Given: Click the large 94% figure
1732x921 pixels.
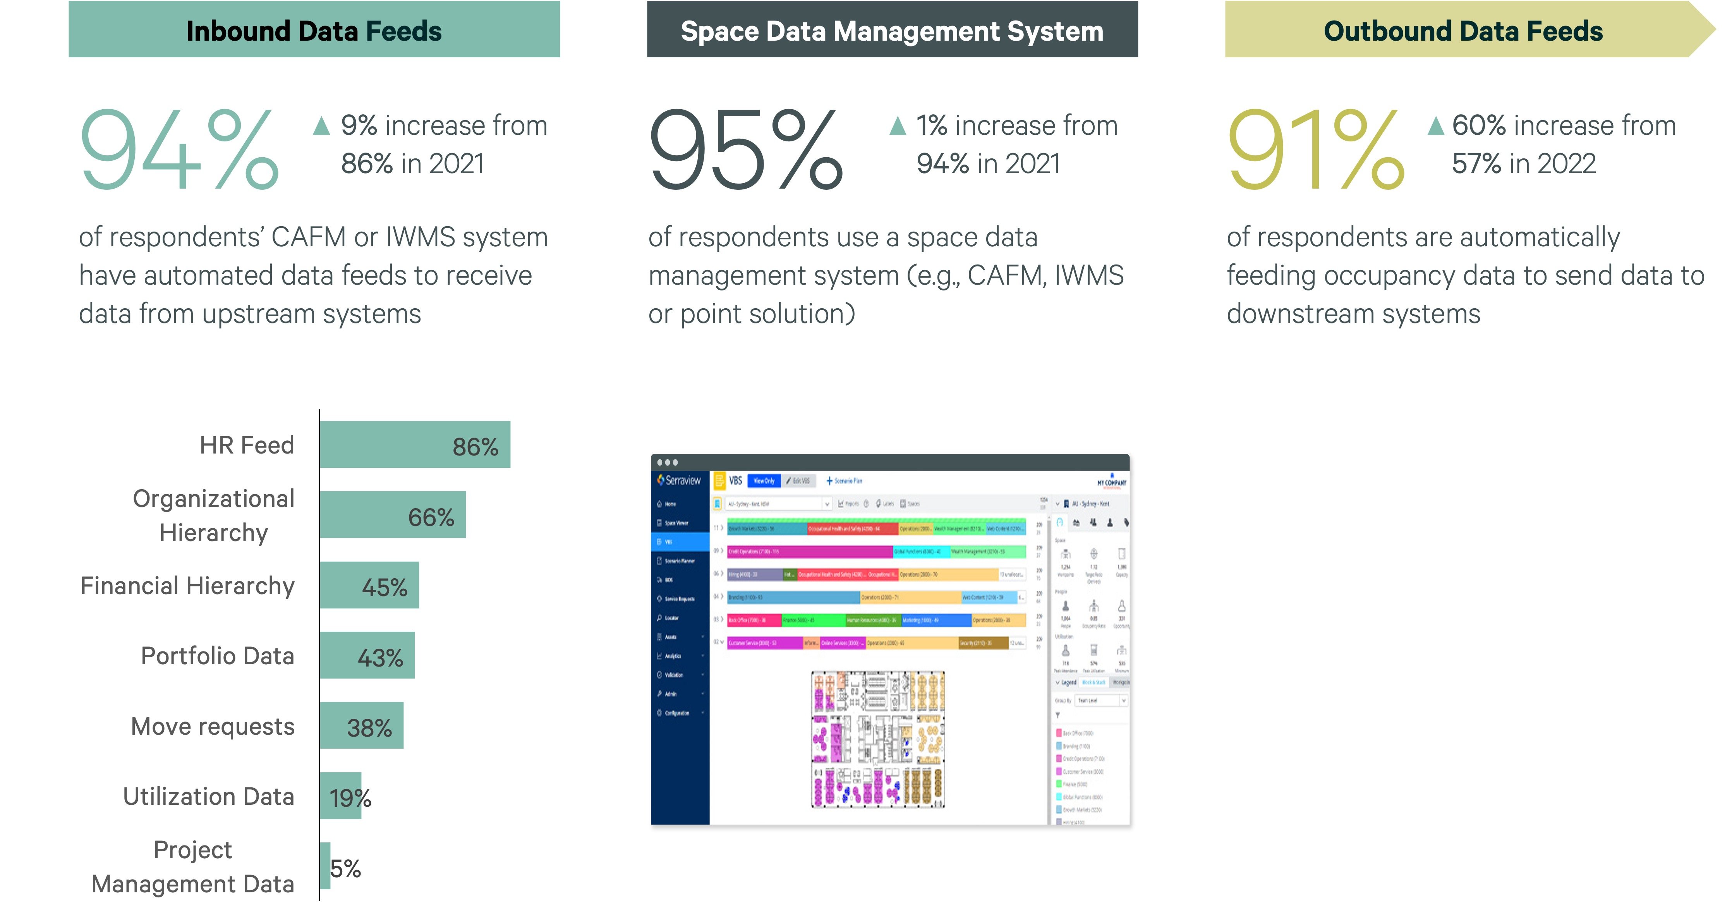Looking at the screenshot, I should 178,149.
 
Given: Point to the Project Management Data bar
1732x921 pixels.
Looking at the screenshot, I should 325,866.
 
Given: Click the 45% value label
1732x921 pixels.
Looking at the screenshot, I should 385,587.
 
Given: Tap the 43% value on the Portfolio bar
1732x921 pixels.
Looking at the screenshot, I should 381,657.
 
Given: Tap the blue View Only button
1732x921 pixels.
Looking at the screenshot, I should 764,481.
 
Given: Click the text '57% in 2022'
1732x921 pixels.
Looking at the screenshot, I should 1524,163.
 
